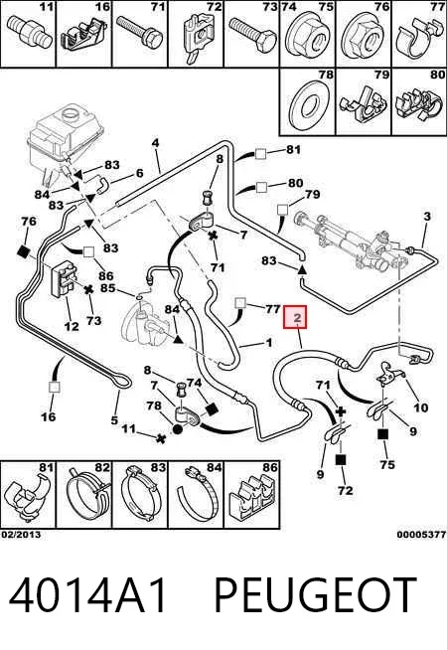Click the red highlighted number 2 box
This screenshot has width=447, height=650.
295,317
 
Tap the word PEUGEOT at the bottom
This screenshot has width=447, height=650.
315,595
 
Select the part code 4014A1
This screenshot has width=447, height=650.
88,595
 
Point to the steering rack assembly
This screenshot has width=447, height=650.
348,241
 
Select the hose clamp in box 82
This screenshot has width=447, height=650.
87,497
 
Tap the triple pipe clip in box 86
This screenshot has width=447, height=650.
251,500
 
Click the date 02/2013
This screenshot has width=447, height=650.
21,535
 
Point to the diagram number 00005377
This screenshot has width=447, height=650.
421,535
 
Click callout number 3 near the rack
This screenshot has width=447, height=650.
427,217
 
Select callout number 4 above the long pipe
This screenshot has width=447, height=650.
155,143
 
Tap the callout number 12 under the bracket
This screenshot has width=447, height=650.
72,326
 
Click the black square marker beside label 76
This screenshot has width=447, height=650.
24,251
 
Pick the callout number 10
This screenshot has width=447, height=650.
421,407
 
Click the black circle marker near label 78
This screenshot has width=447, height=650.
177,429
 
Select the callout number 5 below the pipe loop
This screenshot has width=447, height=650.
115,420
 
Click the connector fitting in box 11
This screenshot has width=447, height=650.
30,33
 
